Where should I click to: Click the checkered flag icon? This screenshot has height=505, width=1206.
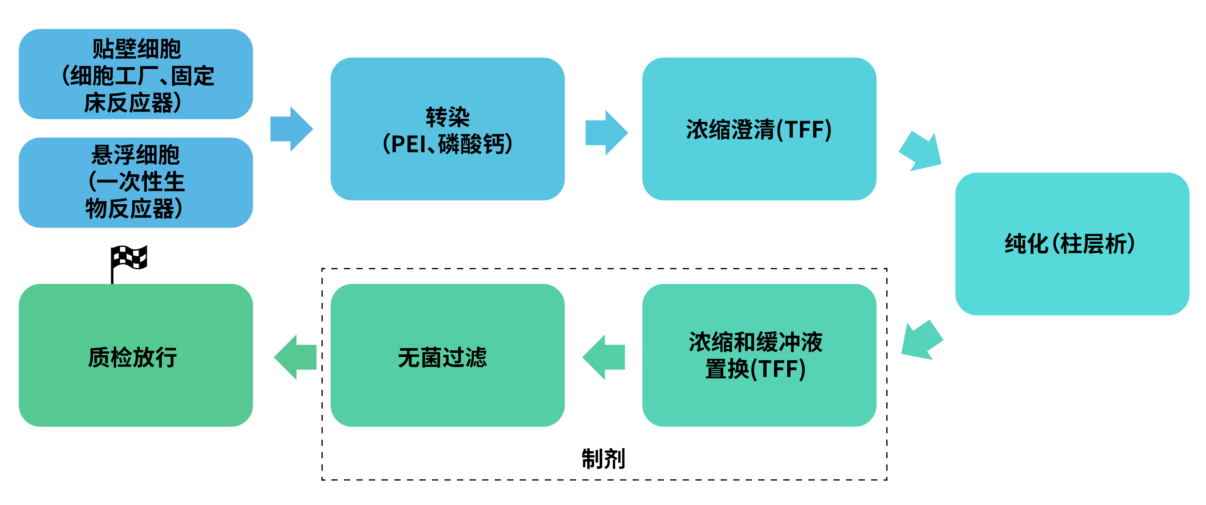(x=129, y=259)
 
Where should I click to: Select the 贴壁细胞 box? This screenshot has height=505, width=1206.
(x=136, y=74)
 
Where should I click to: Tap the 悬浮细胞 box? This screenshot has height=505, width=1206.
(x=136, y=183)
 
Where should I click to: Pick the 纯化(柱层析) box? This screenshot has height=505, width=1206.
(x=1072, y=243)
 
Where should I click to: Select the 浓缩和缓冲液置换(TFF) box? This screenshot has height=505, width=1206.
(x=759, y=355)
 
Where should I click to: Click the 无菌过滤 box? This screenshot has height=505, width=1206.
(x=447, y=355)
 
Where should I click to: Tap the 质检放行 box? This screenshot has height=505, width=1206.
(x=136, y=355)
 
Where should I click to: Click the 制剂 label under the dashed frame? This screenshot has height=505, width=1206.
(x=603, y=459)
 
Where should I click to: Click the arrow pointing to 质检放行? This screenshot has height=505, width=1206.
(x=296, y=357)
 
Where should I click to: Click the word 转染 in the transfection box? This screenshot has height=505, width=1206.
(x=447, y=117)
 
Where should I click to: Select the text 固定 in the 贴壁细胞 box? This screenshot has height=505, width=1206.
(x=193, y=76)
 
